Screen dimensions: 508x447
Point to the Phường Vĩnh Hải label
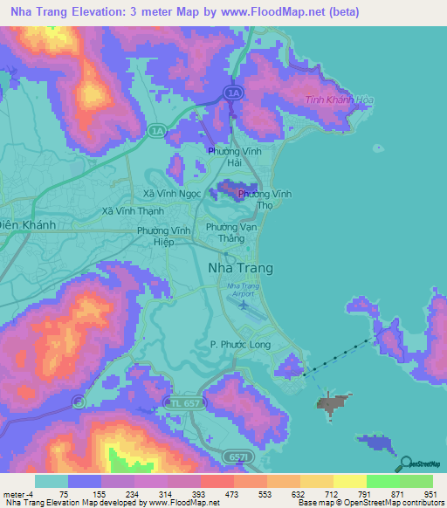point(235,157)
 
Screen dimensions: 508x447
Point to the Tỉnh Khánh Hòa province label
point(340,100)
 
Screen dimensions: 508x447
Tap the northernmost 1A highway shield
point(231,92)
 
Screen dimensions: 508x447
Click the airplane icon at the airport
point(243,305)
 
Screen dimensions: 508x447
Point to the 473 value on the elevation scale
point(214,493)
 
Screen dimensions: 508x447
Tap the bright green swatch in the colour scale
point(382,481)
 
